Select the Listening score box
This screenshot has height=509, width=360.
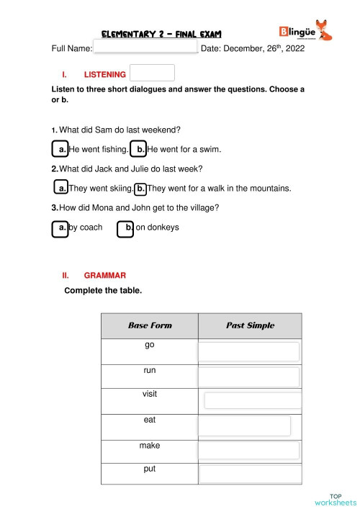pos(153,73)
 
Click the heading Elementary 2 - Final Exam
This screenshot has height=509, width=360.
pos(161,34)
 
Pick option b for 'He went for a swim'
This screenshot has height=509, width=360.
pos(138,149)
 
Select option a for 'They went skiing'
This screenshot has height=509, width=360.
pos(61,189)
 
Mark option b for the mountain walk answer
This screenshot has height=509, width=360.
pos(140,189)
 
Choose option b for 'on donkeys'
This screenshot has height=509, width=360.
pos(126,228)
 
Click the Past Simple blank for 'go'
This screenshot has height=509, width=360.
pos(248,351)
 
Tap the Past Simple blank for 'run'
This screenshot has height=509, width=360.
pos(248,377)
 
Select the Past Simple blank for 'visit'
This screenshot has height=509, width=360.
pos(251,401)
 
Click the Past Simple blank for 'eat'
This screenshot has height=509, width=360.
pos(245,425)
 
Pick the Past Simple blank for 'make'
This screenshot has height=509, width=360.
pos(248,450)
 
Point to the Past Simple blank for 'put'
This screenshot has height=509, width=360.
pos(249,474)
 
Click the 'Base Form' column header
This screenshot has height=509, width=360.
pos(150,325)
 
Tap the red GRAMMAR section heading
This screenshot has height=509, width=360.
pos(104,276)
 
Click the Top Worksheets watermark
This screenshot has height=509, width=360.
pos(335,499)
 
